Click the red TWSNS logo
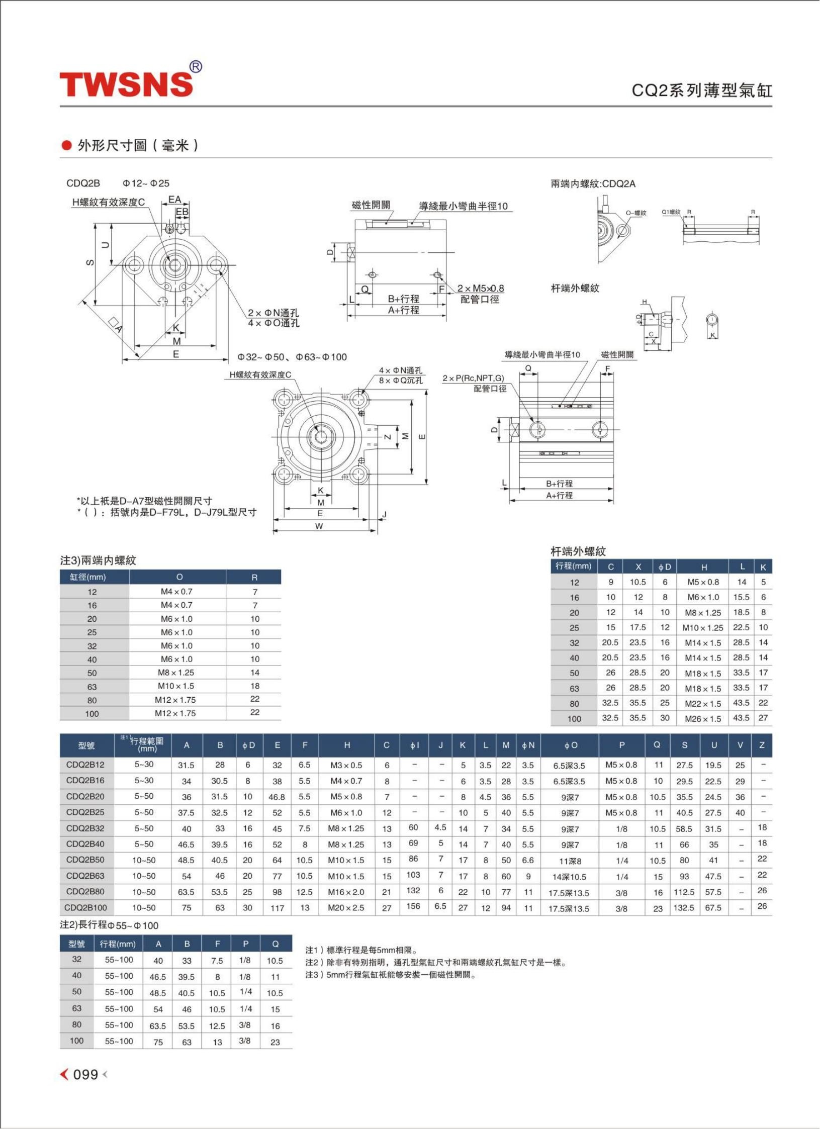pos(127,84)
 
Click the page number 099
pos(85,1075)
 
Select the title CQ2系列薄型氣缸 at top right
pos(702,90)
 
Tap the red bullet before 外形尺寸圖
pos(66,146)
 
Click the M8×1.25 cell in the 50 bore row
pos(176,673)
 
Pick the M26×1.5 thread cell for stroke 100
pos(703,719)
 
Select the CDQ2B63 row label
pos(85,876)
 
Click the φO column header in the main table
pos(571,745)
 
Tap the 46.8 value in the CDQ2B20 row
pos(277,797)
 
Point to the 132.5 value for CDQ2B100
pos(684,908)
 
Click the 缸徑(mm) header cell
pos(88,577)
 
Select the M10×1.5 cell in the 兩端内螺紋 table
pos(176,686)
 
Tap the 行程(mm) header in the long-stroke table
pos(118,944)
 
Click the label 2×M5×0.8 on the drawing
pos(481,289)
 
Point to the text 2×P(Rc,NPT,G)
pos(473,378)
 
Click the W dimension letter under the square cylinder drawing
pos(319,526)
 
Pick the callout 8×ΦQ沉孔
pos(401,381)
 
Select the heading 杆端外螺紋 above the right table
pos(578,551)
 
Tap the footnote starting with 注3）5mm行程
pos(390,975)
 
